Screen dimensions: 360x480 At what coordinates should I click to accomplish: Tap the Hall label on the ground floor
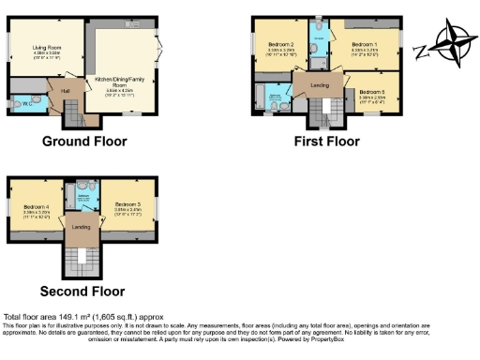coord(67,90)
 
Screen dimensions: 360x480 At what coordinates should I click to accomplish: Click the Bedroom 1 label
coord(366,44)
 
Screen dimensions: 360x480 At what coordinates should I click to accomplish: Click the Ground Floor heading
coord(84,142)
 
